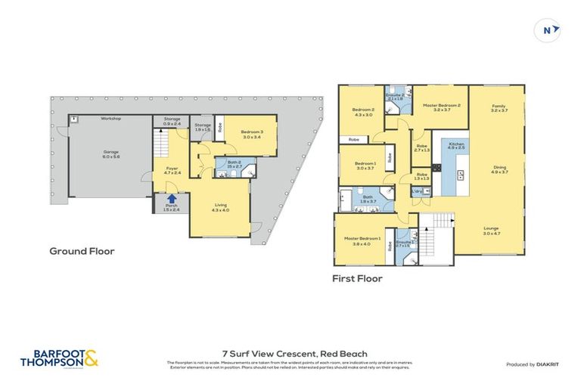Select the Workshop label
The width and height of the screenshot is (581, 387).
(110, 119)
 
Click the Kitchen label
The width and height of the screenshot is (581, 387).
(456, 145)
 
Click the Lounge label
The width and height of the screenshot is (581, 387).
(492, 230)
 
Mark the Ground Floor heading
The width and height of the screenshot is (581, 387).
(82, 251)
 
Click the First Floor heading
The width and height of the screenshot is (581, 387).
(357, 278)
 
